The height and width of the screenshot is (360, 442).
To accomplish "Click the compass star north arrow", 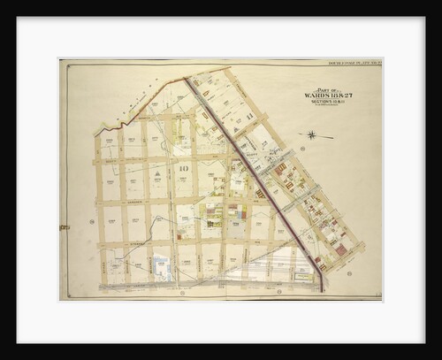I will pos(311,134).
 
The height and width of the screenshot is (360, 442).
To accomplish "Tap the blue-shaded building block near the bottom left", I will pos(161,265).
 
